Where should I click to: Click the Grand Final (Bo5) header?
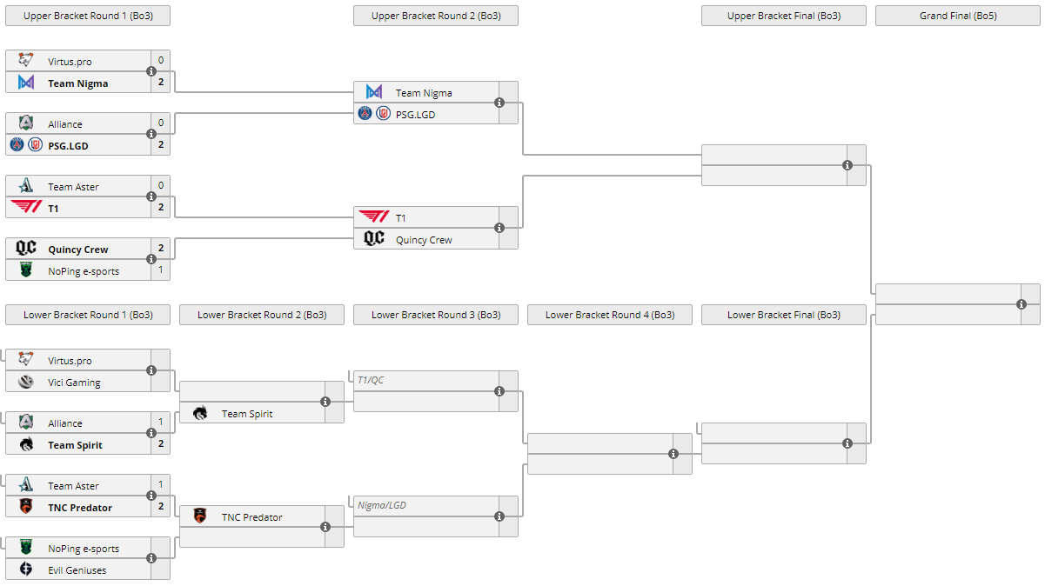tap(957, 16)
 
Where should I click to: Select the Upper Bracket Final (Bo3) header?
tap(783, 16)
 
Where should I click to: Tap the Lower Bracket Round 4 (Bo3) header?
tap(609, 315)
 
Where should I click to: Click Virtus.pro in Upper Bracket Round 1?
tap(70, 62)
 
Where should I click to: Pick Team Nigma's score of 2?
tap(161, 83)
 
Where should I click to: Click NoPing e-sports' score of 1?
tap(161, 270)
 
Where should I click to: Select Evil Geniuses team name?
tap(77, 570)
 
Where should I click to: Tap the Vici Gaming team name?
tap(74, 383)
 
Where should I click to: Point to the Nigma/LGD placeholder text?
tap(382, 505)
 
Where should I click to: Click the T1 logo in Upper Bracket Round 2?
tap(374, 217)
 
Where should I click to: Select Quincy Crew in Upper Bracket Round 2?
tap(424, 240)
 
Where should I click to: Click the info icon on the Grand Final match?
tap(1022, 304)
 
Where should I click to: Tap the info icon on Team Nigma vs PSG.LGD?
tap(499, 103)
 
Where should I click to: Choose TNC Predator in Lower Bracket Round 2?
tap(251, 517)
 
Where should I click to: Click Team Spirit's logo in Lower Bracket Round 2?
tap(200, 414)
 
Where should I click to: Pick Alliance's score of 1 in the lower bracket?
tap(161, 423)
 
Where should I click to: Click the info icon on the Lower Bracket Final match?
tap(847, 443)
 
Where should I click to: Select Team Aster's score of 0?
tap(161, 186)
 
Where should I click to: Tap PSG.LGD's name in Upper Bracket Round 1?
tap(68, 146)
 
